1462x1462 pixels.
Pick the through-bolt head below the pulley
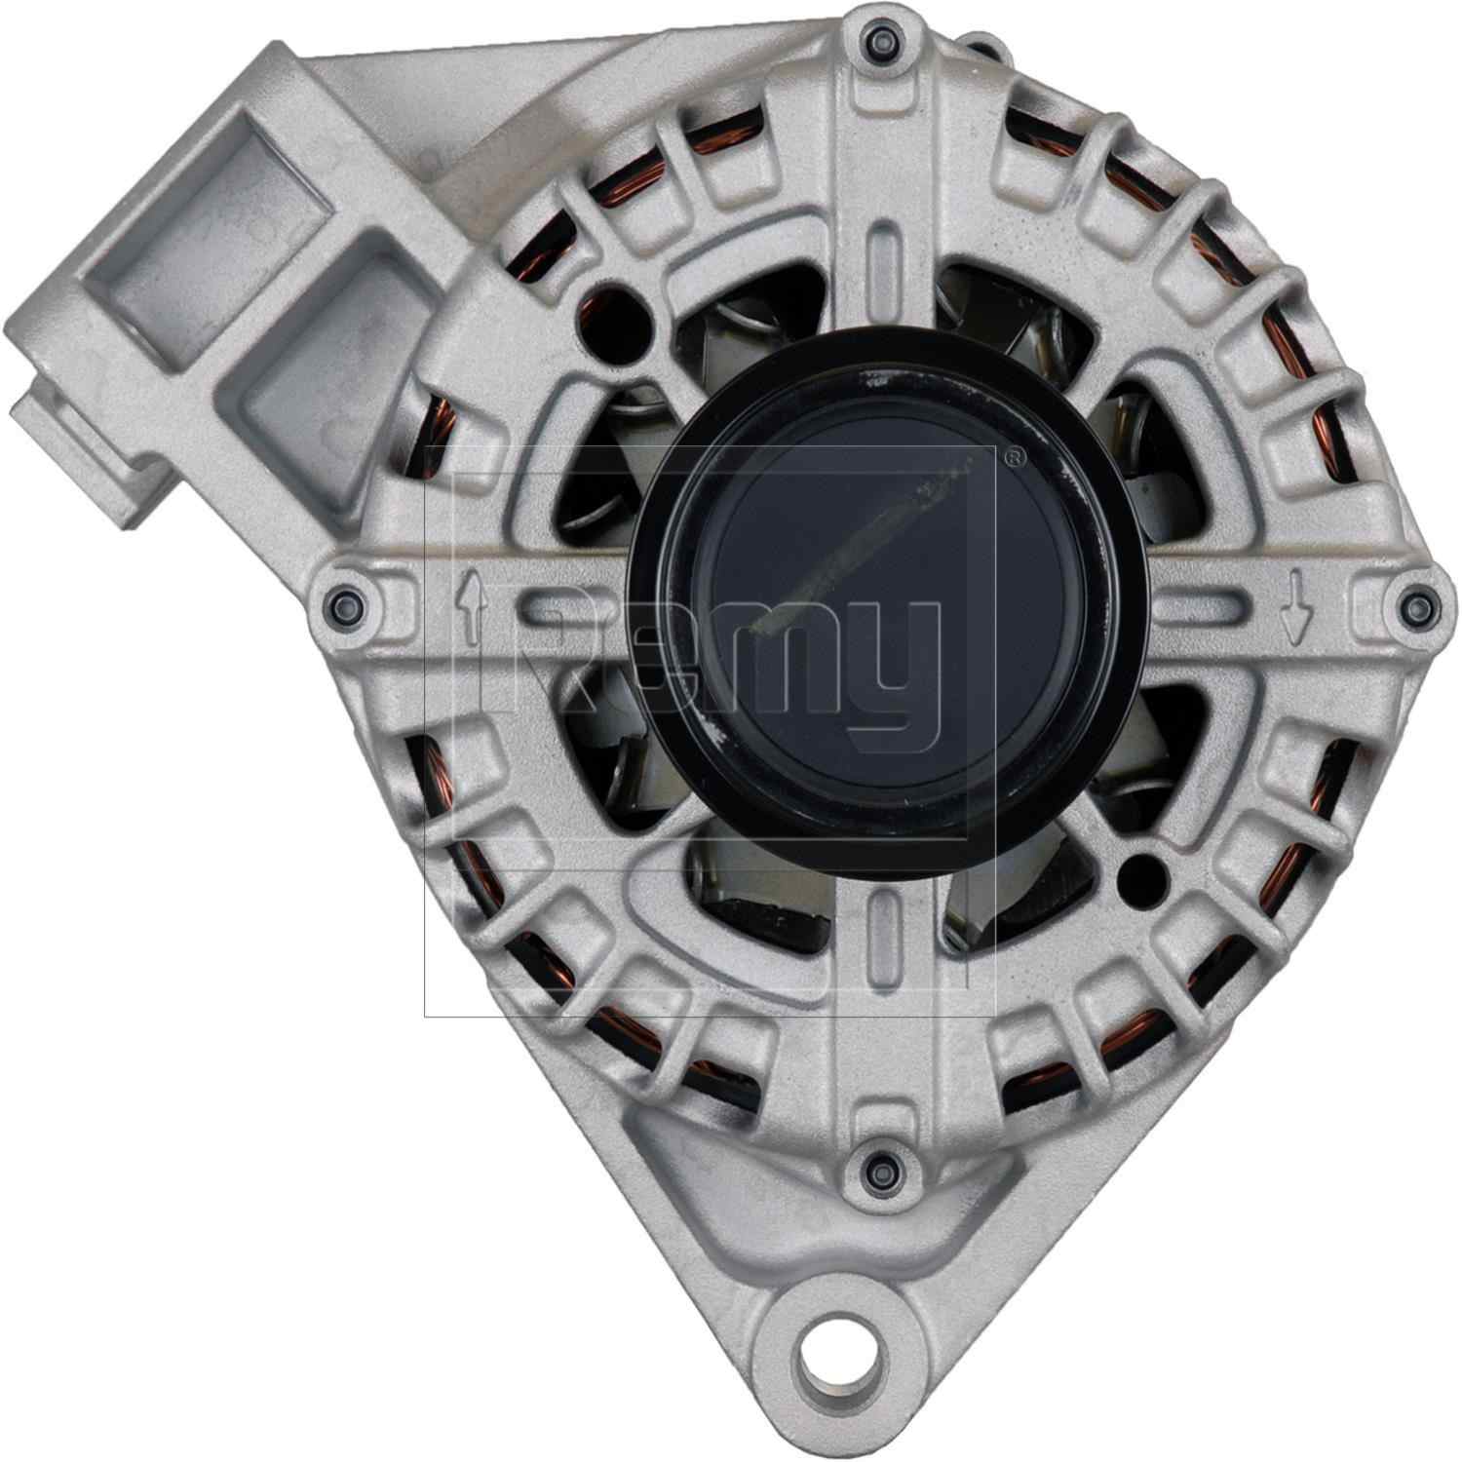880,1165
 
